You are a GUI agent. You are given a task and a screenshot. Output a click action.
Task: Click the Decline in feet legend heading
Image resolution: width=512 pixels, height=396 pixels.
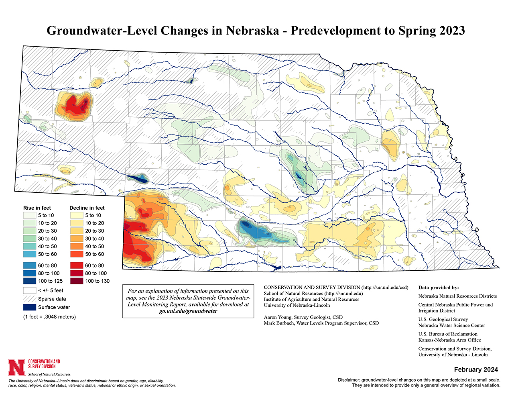[87, 208]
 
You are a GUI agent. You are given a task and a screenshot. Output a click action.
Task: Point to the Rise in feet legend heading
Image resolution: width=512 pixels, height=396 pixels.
[37, 208]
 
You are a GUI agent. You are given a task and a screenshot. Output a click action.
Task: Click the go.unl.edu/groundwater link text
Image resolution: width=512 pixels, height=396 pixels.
[188, 311]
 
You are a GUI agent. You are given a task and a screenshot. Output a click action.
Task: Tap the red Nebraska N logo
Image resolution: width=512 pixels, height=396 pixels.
[16, 367]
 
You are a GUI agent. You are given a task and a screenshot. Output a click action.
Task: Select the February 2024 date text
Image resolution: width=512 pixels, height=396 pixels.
[476, 369]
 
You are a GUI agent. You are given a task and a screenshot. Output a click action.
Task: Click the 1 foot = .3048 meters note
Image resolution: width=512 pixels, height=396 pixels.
[49, 316]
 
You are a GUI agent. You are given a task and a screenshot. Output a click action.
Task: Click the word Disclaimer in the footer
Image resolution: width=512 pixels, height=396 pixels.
[349, 380]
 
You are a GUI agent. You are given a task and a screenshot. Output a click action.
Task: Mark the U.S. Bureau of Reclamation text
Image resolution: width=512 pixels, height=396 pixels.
[448, 334]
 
